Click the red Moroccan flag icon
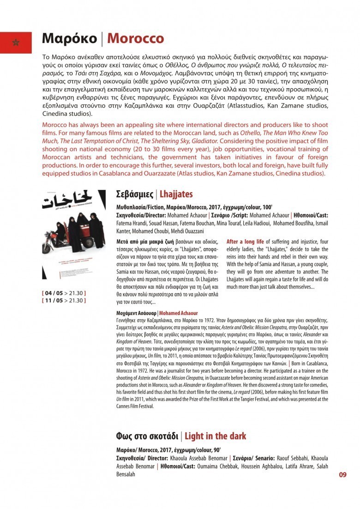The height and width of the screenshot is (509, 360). coord(16,42)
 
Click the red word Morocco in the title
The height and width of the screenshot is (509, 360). coord(135,39)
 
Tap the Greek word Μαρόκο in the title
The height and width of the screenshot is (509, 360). coord(69,39)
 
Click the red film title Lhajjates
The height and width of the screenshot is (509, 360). coord(176,194)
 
